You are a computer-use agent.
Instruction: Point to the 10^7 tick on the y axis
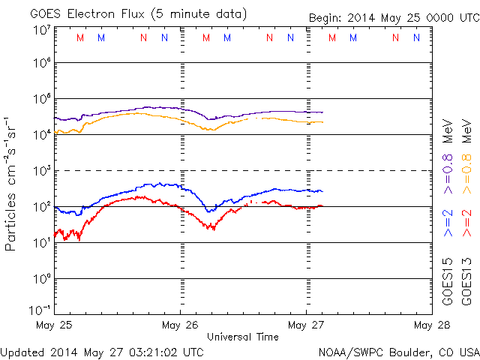click(x=40, y=29)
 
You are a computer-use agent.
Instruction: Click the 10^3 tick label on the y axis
click(x=40, y=170)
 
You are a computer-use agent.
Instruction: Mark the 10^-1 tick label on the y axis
click(x=40, y=310)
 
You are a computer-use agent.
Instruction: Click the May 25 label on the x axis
click(x=54, y=325)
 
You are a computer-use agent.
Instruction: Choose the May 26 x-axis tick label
click(x=180, y=325)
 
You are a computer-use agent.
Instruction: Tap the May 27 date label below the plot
click(x=306, y=325)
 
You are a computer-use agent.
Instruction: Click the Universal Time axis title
click(x=243, y=337)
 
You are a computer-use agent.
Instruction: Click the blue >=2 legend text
click(x=448, y=223)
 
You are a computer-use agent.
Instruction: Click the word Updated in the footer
click(x=22, y=351)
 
